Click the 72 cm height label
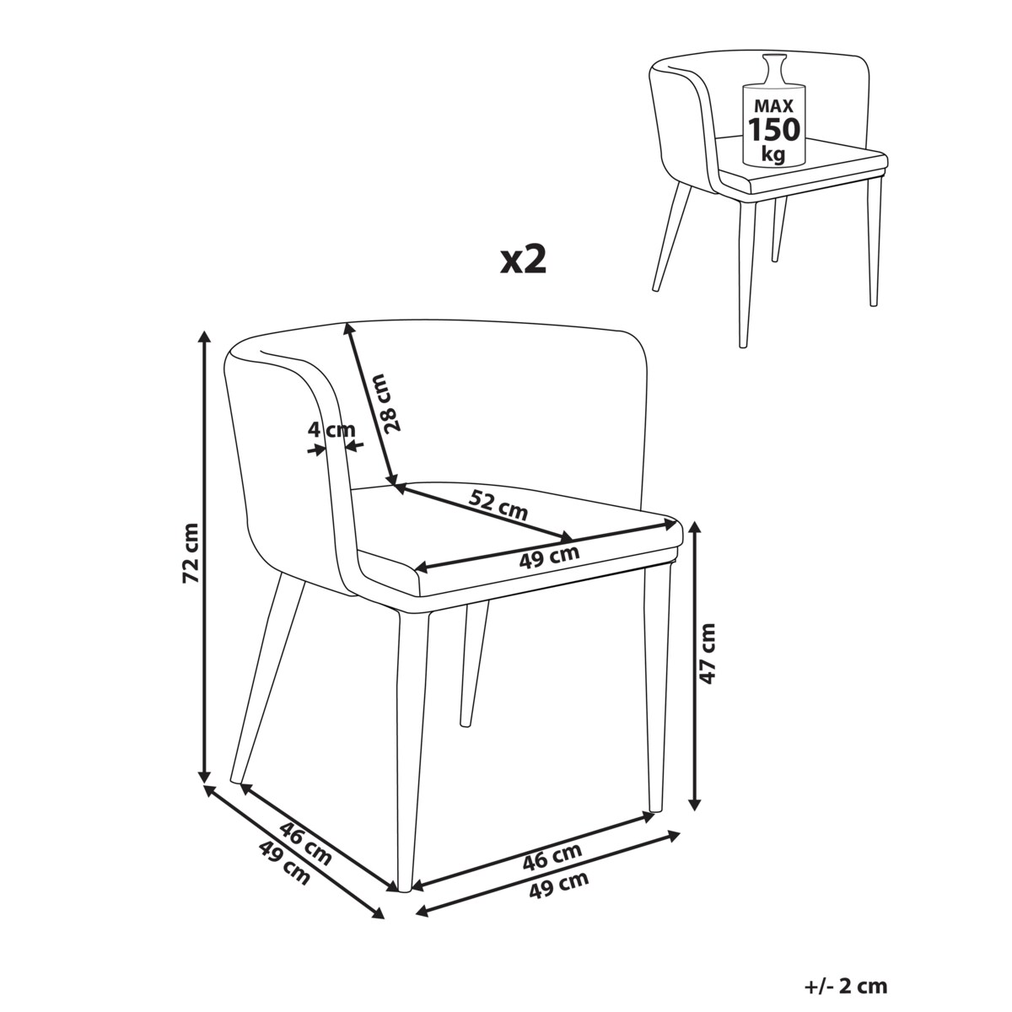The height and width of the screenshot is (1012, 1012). [x=191, y=553]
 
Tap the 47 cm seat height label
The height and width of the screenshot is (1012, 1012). [x=708, y=654]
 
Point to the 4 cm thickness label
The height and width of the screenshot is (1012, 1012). [x=331, y=430]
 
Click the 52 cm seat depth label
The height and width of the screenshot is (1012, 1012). [x=498, y=505]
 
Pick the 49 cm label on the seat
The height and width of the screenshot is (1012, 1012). [x=549, y=557]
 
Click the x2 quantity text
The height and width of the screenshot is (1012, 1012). [x=523, y=261]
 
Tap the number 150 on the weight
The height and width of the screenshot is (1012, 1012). [x=774, y=129]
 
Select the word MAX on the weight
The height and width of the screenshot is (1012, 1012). [x=773, y=106]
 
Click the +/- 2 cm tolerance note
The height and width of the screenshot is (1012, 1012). [x=846, y=957]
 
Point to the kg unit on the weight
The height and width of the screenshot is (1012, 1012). [x=774, y=154]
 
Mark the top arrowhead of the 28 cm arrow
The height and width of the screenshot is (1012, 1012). [x=348, y=330]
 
